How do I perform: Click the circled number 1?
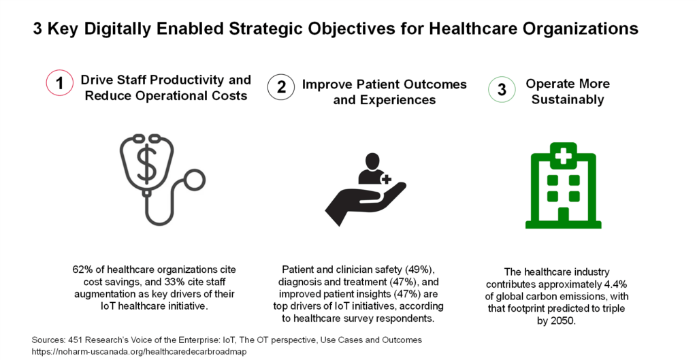point(60,83)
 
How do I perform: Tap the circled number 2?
point(281,86)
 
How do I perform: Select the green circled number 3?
point(502,89)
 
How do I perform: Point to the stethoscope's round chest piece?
point(194,180)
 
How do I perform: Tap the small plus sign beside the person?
point(387,179)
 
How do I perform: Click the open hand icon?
point(366,203)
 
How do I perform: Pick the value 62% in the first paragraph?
point(82,269)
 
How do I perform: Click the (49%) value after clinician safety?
point(419,269)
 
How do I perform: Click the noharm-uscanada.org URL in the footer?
point(139,352)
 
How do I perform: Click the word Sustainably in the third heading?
point(568,99)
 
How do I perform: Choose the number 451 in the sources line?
point(75,340)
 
